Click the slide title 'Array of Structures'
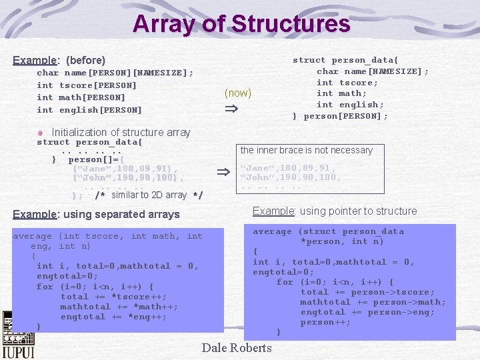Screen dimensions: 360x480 coord(241,24)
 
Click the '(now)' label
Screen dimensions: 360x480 coord(238,93)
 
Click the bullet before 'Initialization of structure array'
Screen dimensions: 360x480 coord(42,133)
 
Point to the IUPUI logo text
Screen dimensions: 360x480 coord(18,350)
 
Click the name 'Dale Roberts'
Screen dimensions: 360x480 coord(237,348)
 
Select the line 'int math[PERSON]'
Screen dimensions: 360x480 coord(81,97)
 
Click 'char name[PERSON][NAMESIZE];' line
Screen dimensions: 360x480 coord(115,73)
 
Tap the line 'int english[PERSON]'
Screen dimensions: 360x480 coord(89,110)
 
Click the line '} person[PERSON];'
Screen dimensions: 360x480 coord(340,116)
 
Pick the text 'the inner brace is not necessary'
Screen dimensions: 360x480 coord(307,150)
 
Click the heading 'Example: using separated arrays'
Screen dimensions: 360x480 coord(97,215)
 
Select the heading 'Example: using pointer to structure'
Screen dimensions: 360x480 coord(335,211)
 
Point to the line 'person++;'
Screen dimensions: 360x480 coord(325,322)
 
